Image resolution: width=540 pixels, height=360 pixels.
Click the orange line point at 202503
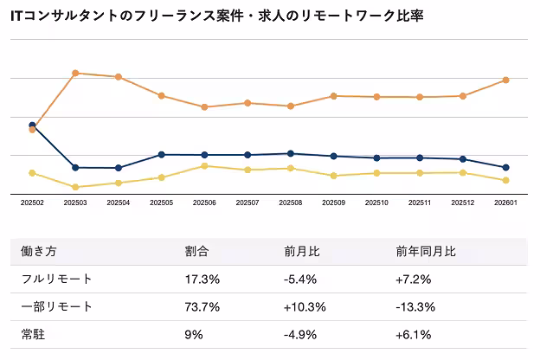[x=75, y=73]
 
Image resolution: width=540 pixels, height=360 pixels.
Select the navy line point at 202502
[x=32, y=125]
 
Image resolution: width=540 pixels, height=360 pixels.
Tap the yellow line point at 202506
[x=204, y=165]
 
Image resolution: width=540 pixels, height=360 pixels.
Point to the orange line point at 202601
[x=506, y=80]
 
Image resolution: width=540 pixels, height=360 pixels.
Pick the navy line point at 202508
[x=291, y=153]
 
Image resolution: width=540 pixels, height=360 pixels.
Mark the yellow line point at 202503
[x=75, y=187]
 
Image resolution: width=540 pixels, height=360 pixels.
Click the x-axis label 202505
[x=161, y=203]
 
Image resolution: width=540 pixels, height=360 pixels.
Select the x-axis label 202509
[x=334, y=203]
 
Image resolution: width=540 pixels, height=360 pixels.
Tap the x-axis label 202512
[x=463, y=203]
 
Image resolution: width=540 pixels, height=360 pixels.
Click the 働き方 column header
[x=38, y=252]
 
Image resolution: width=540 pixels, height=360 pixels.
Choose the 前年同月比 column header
[x=426, y=252]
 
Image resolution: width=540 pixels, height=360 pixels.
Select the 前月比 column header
[x=302, y=252]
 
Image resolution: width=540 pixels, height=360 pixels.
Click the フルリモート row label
[x=56, y=279]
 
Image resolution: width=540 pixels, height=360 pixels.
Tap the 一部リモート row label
[x=56, y=306]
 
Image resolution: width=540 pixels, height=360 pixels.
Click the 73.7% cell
[x=202, y=306]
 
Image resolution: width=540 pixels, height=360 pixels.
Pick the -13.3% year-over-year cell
[x=414, y=306]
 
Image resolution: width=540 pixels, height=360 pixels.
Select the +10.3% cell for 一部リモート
[x=304, y=306]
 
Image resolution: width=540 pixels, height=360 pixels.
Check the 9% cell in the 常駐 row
[x=194, y=334]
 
